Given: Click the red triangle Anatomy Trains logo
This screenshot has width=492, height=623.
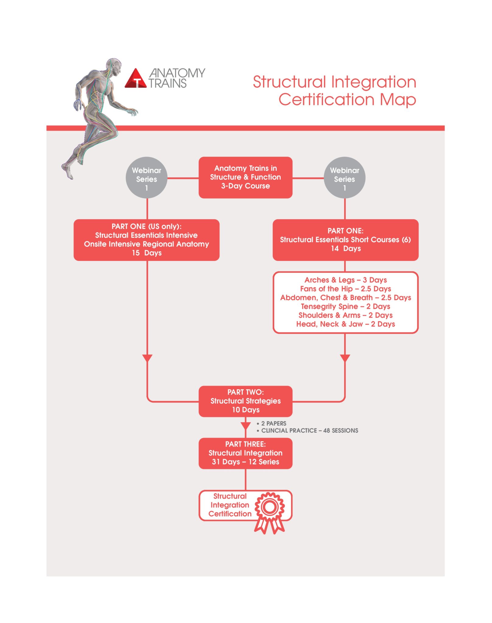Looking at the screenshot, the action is click(x=136, y=78).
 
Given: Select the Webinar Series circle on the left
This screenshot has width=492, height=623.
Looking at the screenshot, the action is click(x=146, y=178).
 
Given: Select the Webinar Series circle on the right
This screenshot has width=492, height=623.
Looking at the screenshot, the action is click(x=345, y=178).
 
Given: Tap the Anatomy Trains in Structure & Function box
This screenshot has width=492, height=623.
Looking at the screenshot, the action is click(x=245, y=177).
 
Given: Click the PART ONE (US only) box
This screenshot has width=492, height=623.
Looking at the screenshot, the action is click(x=146, y=240).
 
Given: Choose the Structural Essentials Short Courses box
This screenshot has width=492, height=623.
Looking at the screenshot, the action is click(x=346, y=240).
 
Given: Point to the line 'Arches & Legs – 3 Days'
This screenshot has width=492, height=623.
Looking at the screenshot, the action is click(x=346, y=280).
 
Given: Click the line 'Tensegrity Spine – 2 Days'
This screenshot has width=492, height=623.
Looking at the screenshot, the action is click(x=346, y=306).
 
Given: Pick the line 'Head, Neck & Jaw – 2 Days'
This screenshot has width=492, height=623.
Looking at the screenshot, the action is click(x=346, y=324).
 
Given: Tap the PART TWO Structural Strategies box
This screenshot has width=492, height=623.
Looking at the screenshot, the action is click(x=245, y=401).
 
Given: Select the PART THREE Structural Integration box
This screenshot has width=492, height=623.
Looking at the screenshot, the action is click(x=245, y=453).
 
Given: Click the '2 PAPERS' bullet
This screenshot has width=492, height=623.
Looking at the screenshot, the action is click(x=272, y=423).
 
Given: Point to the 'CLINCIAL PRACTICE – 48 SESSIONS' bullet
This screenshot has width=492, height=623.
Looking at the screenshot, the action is click(x=307, y=430).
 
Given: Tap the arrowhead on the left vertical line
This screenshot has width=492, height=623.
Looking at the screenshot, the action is click(x=147, y=358).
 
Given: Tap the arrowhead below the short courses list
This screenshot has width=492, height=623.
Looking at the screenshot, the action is click(x=345, y=358).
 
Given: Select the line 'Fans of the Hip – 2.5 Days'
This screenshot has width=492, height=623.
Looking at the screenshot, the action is click(x=346, y=289).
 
